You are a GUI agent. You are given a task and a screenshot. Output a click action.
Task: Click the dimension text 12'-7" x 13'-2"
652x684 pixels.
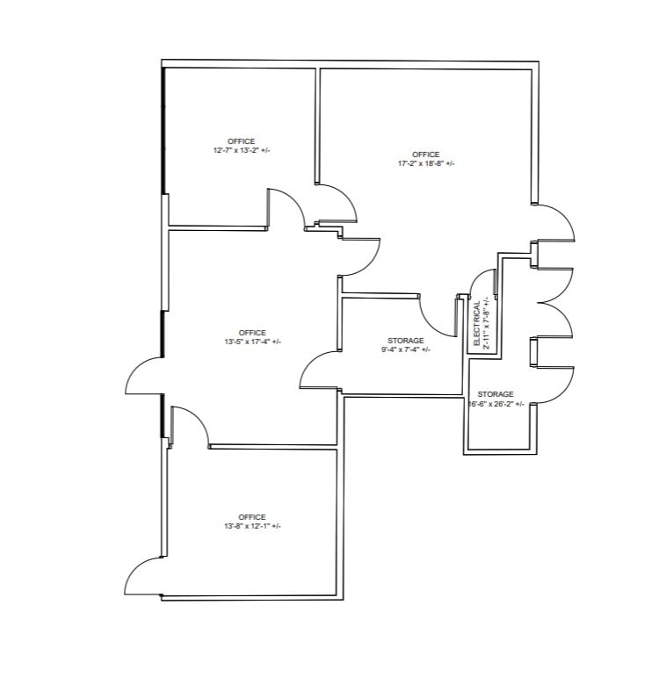[x=241, y=151]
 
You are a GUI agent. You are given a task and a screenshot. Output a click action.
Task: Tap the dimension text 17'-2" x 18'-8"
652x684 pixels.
[x=426, y=163]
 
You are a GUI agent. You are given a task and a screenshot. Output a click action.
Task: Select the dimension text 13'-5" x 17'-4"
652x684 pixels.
[x=252, y=342]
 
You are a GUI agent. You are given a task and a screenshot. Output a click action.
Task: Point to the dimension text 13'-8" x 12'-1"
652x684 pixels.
[x=252, y=526]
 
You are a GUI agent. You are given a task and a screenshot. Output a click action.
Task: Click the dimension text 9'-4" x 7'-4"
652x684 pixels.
[x=405, y=349]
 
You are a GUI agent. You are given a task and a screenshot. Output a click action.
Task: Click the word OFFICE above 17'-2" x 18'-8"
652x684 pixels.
[x=426, y=155]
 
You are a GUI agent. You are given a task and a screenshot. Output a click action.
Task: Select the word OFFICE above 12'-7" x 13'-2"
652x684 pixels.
[x=241, y=141]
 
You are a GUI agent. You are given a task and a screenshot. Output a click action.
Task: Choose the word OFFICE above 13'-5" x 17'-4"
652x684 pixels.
[x=252, y=332]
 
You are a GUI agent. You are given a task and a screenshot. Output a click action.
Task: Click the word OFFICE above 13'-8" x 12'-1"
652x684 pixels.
[x=252, y=516]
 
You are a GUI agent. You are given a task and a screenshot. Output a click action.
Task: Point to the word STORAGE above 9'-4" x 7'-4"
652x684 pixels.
[x=405, y=340]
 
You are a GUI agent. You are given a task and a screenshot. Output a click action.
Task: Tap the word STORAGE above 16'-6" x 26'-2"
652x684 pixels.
[x=495, y=394]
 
